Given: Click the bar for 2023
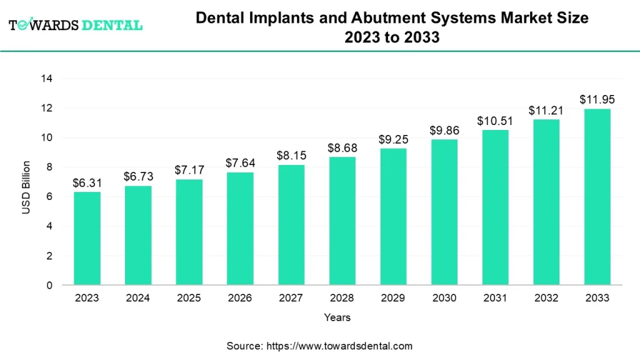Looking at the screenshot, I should pos(87,238).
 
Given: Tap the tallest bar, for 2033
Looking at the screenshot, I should pos(597,197).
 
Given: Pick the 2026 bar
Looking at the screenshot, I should pos(240,228).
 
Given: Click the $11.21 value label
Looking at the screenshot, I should pos(546,111).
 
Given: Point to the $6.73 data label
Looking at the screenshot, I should pos(137,177).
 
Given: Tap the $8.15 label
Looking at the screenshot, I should pos(291,156).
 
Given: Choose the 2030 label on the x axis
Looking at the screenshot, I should pos(444,298).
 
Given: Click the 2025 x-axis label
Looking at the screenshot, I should pos(189,298).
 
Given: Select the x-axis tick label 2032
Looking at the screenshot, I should pos(546,298).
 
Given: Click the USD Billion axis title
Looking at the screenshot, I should pos(26,187).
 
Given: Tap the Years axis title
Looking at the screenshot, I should pos(337,317).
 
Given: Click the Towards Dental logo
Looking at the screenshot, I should pos(75,25).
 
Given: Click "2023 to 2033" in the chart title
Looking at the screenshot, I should pos(392,37).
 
